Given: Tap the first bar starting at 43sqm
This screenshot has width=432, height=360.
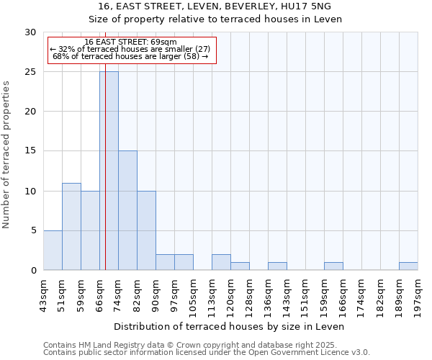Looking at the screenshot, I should (x=53, y=250).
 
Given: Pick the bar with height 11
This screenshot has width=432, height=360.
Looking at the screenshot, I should (x=71, y=226).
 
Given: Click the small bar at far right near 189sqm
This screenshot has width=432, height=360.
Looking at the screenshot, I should (x=408, y=266).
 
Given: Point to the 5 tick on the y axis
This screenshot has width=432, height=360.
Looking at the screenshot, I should (x=32, y=230).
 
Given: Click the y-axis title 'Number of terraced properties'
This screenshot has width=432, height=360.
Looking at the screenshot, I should (x=6, y=155).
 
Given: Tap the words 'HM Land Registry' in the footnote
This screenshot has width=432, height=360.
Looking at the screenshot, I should (x=106, y=345).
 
